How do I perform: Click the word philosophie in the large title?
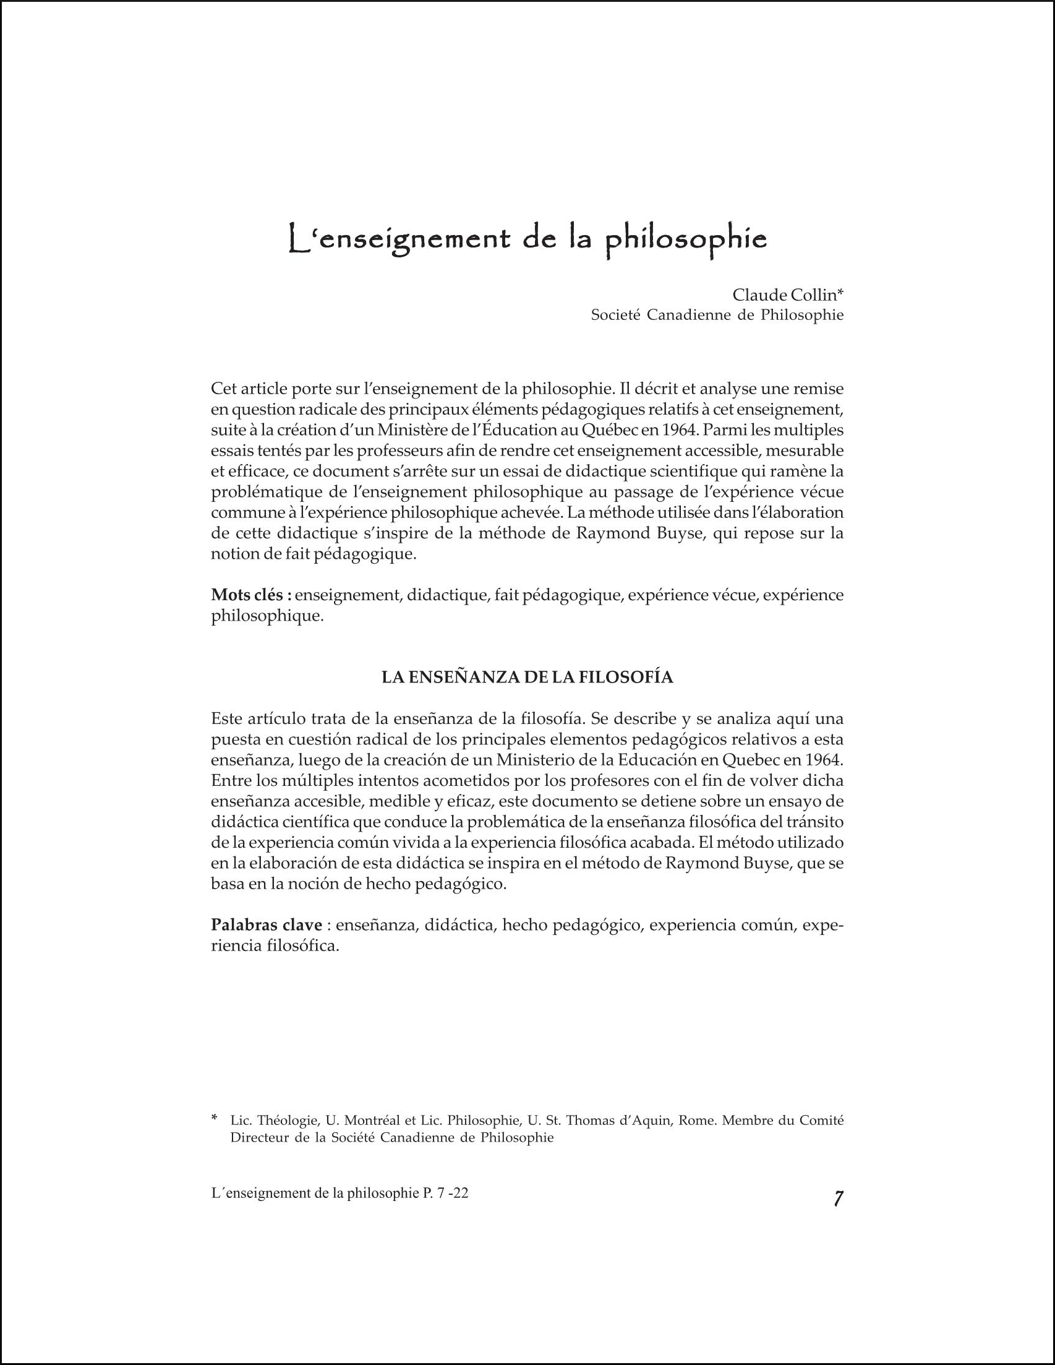pos(687,241)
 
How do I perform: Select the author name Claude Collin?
pos(784,295)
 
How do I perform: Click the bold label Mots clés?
pos(251,595)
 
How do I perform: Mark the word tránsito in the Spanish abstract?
pos(813,822)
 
